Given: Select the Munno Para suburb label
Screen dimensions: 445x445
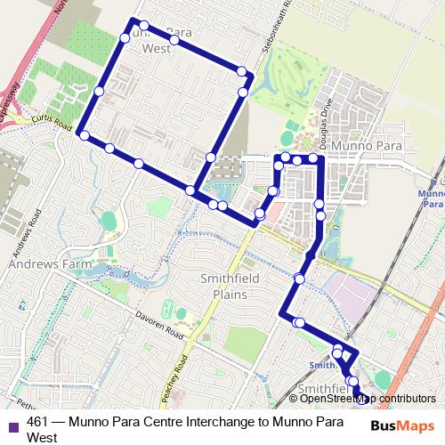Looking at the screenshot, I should coord(365,144).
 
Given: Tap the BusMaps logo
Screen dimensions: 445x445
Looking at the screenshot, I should coord(403,426).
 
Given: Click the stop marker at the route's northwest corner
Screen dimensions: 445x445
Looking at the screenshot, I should coord(133,21).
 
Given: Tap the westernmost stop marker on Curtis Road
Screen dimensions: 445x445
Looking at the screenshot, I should coord(84,135).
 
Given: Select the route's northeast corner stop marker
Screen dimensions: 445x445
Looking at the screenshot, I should coord(242,71).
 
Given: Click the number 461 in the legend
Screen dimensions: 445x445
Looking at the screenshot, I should coord(37,422).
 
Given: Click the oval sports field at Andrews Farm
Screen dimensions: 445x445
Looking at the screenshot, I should coord(109,220).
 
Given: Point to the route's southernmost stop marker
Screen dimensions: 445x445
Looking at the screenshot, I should coord(360,397).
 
